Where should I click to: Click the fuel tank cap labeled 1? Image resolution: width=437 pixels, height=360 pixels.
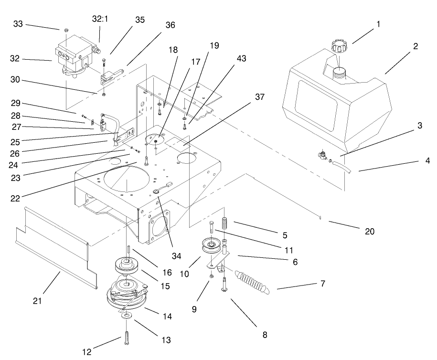(339, 48)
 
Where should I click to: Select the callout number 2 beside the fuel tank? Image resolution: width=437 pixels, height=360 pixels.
(416, 46)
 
